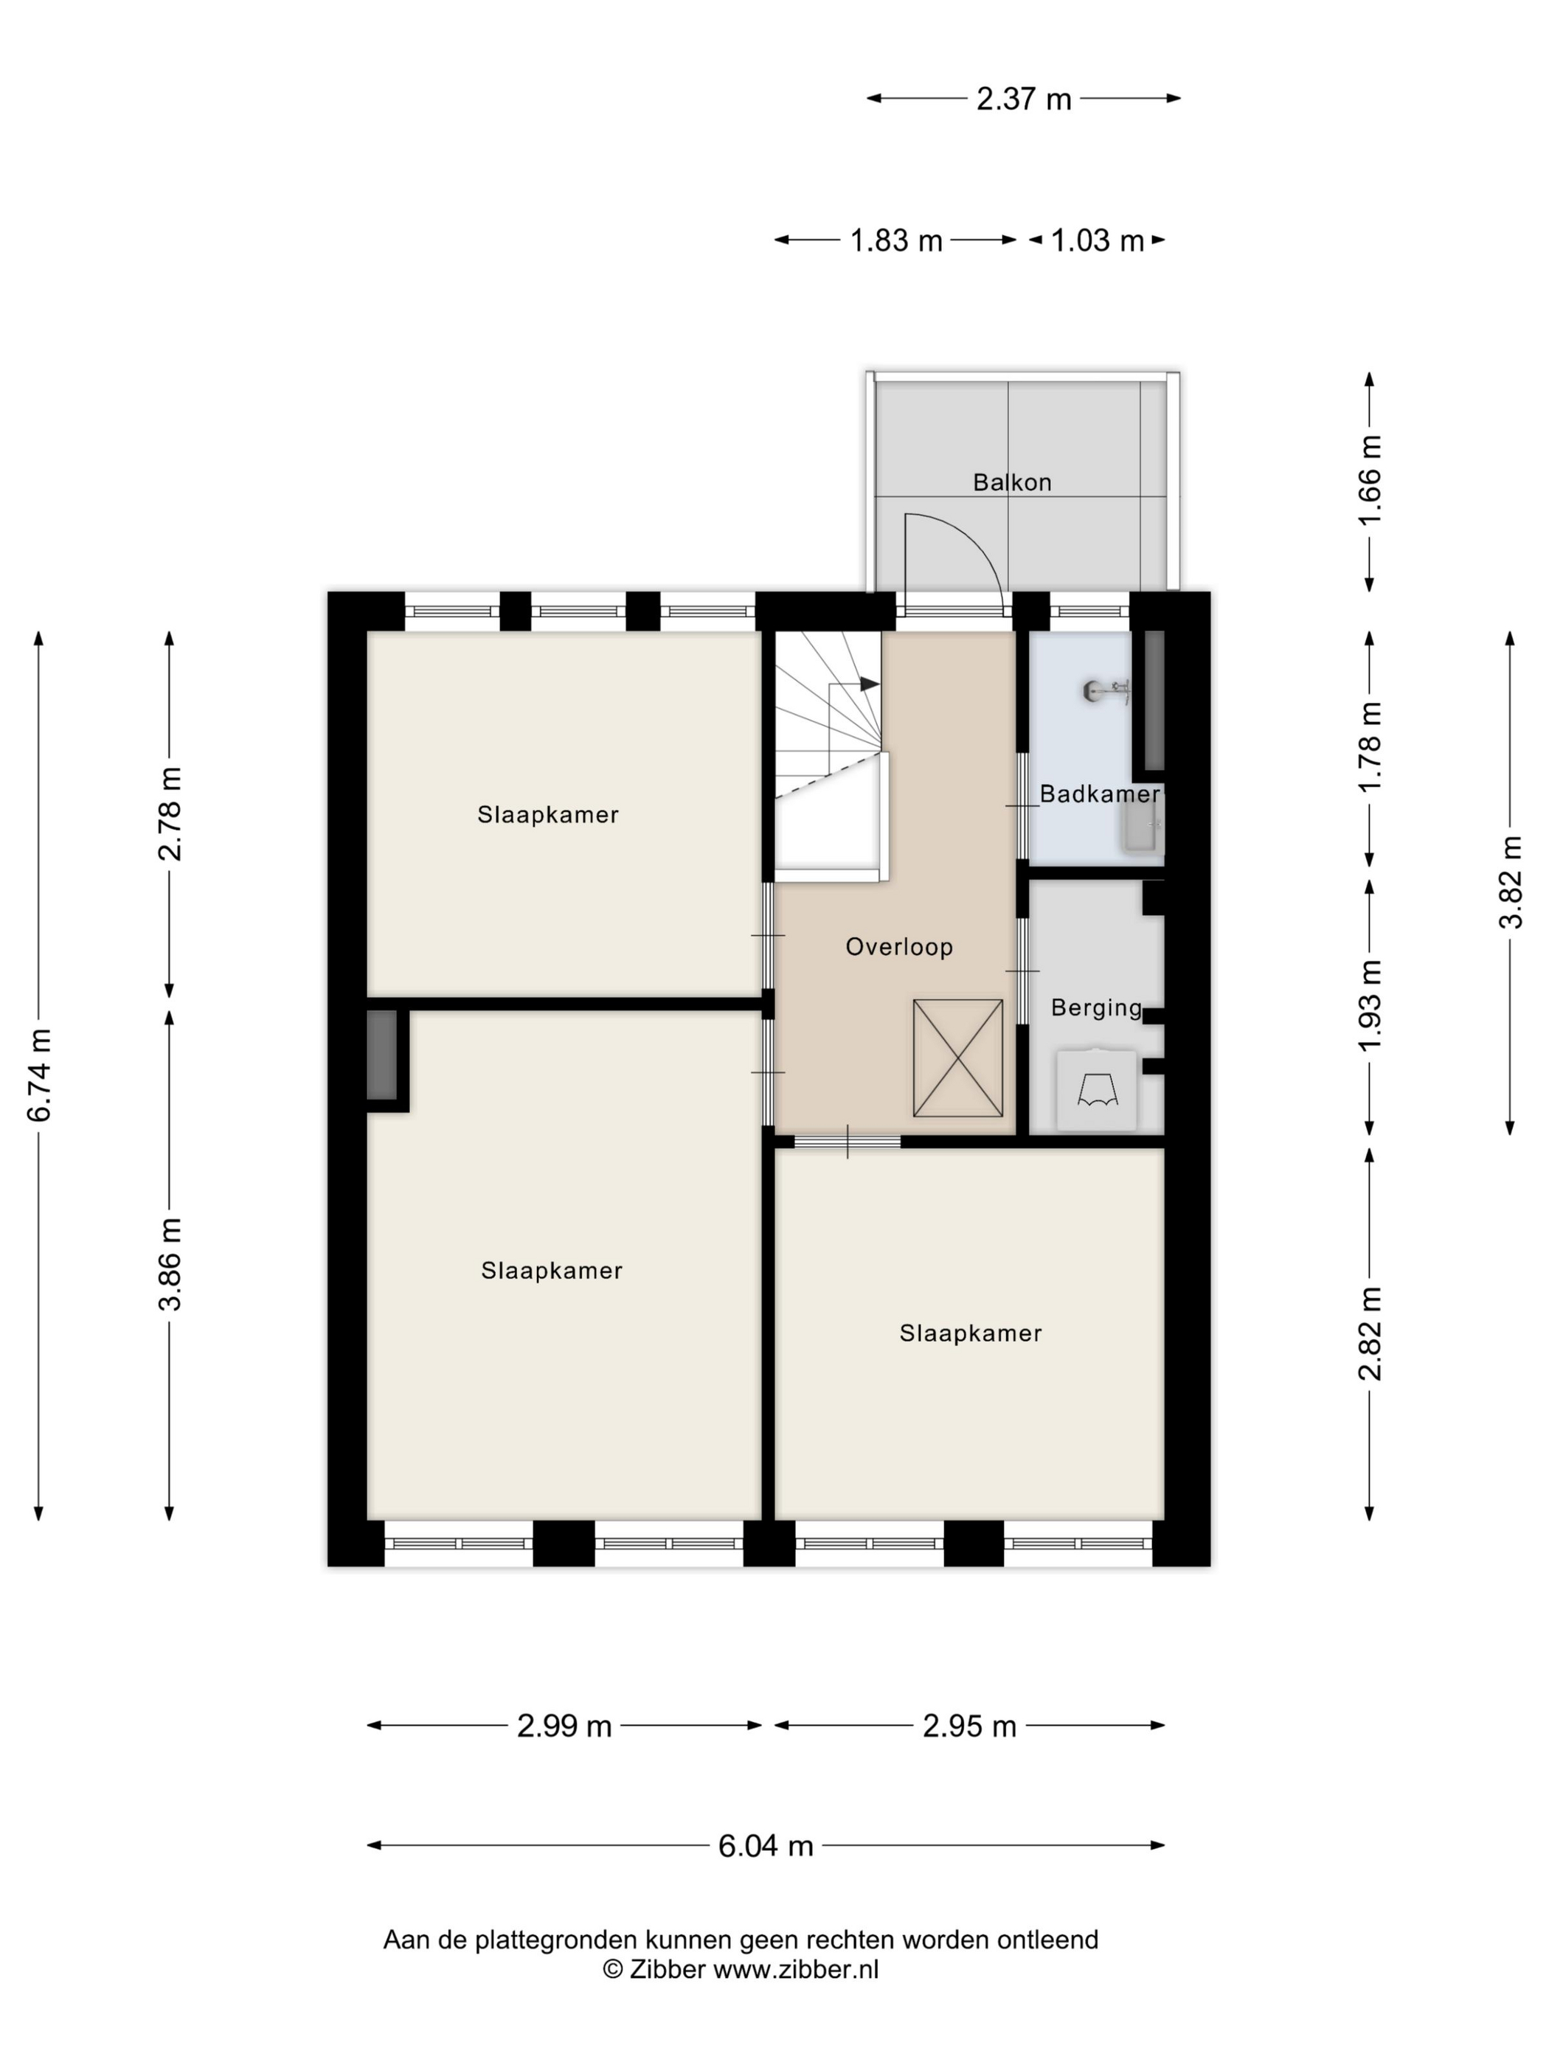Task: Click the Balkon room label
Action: coord(1011,482)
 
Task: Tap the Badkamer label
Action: coord(1099,794)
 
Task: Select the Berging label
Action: coord(1096,1008)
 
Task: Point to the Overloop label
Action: coord(899,947)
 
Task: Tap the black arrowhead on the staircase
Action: coord(869,684)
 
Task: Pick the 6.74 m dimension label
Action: coord(40,1075)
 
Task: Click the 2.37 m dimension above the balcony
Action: coord(1023,99)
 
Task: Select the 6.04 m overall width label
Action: coord(766,1847)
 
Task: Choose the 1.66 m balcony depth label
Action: coord(1370,480)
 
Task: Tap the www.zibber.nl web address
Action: coord(795,1970)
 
